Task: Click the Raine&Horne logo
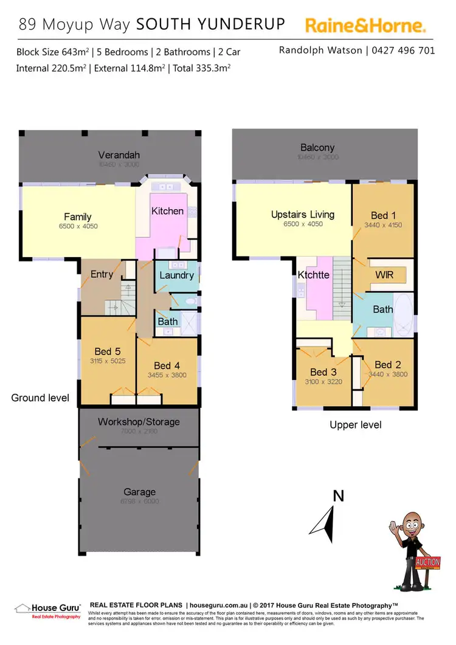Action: coord(365,26)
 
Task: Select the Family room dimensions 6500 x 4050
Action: coord(78,226)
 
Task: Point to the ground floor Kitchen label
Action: coord(167,211)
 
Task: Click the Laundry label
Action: coord(176,275)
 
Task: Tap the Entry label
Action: coord(102,274)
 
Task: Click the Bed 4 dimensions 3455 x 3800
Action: coord(167,375)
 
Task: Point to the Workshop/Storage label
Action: coord(139,421)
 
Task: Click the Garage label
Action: coord(139,492)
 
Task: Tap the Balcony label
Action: coord(317,147)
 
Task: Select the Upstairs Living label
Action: coord(303,215)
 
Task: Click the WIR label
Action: coord(384,275)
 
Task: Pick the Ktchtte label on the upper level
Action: coord(314,275)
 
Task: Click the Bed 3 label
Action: coord(323,372)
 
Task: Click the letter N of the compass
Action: coord(339,496)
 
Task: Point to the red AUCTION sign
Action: coord(427,562)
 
